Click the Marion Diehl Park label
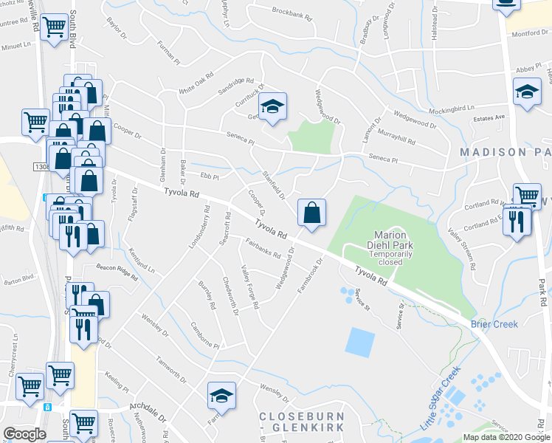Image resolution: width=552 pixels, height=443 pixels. click(x=391, y=241)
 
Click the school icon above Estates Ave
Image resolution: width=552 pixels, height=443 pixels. click(x=527, y=92)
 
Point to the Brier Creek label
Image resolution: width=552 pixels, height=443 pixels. click(x=494, y=324)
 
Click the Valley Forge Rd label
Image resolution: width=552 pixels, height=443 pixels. click(x=250, y=287)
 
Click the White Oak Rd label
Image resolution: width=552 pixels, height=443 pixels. click(x=196, y=83)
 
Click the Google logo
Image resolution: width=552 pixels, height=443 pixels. click(x=24, y=434)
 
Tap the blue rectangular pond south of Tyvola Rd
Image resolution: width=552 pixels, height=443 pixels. click(x=359, y=342)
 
